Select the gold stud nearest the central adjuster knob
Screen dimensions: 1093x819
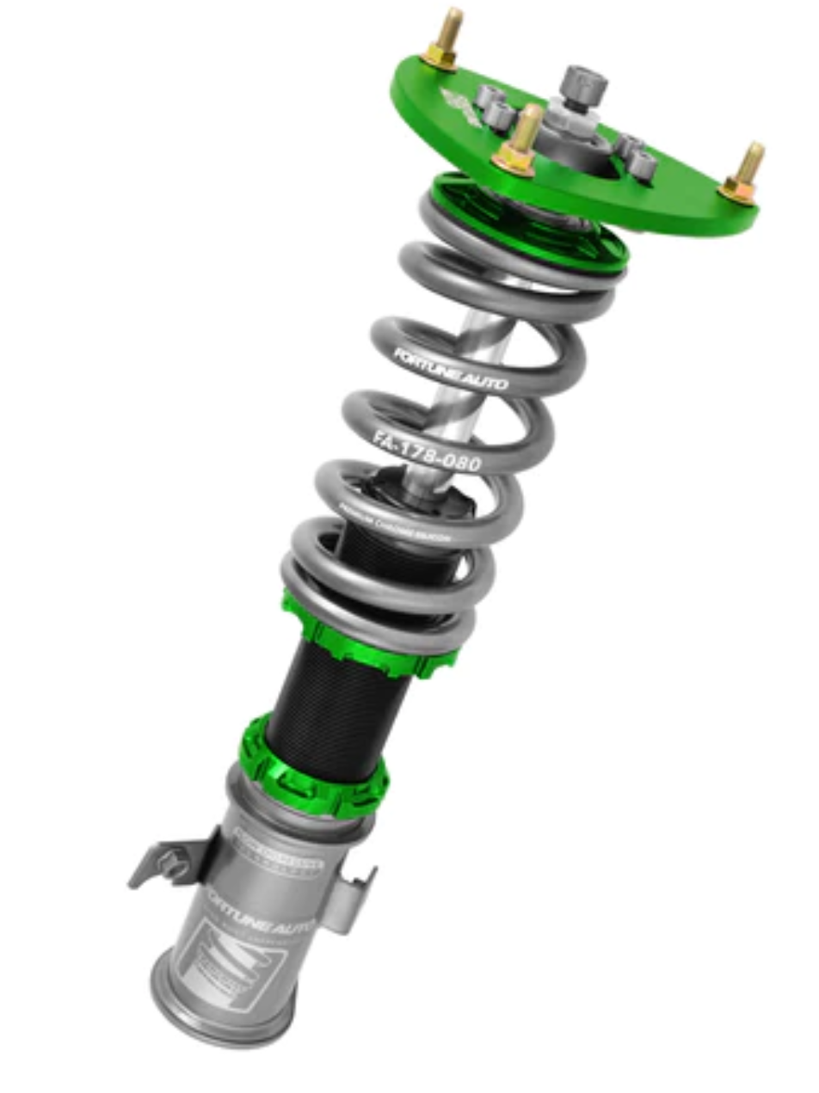pos(523,143)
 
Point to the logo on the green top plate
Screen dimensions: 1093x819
pos(462,105)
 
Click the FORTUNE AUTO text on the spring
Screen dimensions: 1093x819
pos(450,369)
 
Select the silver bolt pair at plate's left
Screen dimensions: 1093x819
pos(495,103)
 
